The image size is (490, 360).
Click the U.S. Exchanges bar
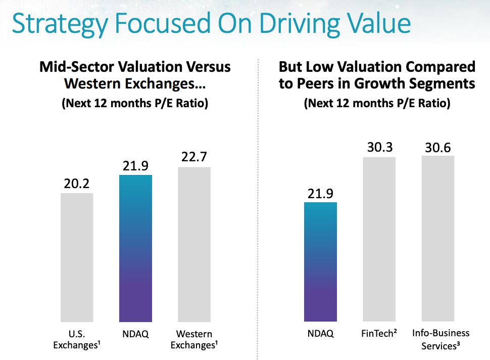click(x=77, y=257)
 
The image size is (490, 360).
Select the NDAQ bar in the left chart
click(x=135, y=248)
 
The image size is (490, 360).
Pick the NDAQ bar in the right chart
click(x=320, y=262)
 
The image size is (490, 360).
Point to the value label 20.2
click(x=77, y=184)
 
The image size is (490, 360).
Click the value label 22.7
click(x=194, y=157)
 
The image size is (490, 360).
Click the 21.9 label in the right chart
click(x=320, y=193)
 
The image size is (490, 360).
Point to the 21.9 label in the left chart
click(x=135, y=165)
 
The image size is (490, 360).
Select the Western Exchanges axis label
click(x=194, y=339)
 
